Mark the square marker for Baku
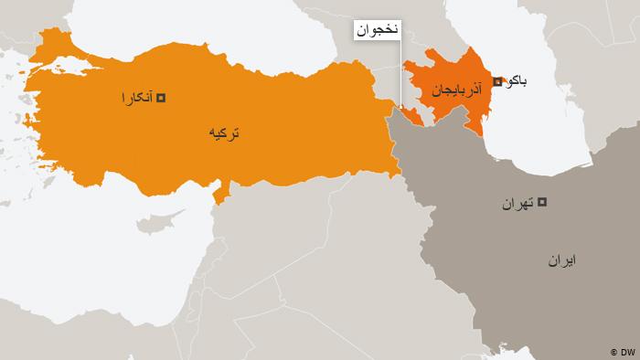[x=496, y=82]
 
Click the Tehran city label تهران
[x=518, y=203]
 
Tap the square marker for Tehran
[x=541, y=202]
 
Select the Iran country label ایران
[x=562, y=260]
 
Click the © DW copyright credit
[x=621, y=351]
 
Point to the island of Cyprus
[x=157, y=222]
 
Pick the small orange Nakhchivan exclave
[x=413, y=115]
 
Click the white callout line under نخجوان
[x=400, y=73]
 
